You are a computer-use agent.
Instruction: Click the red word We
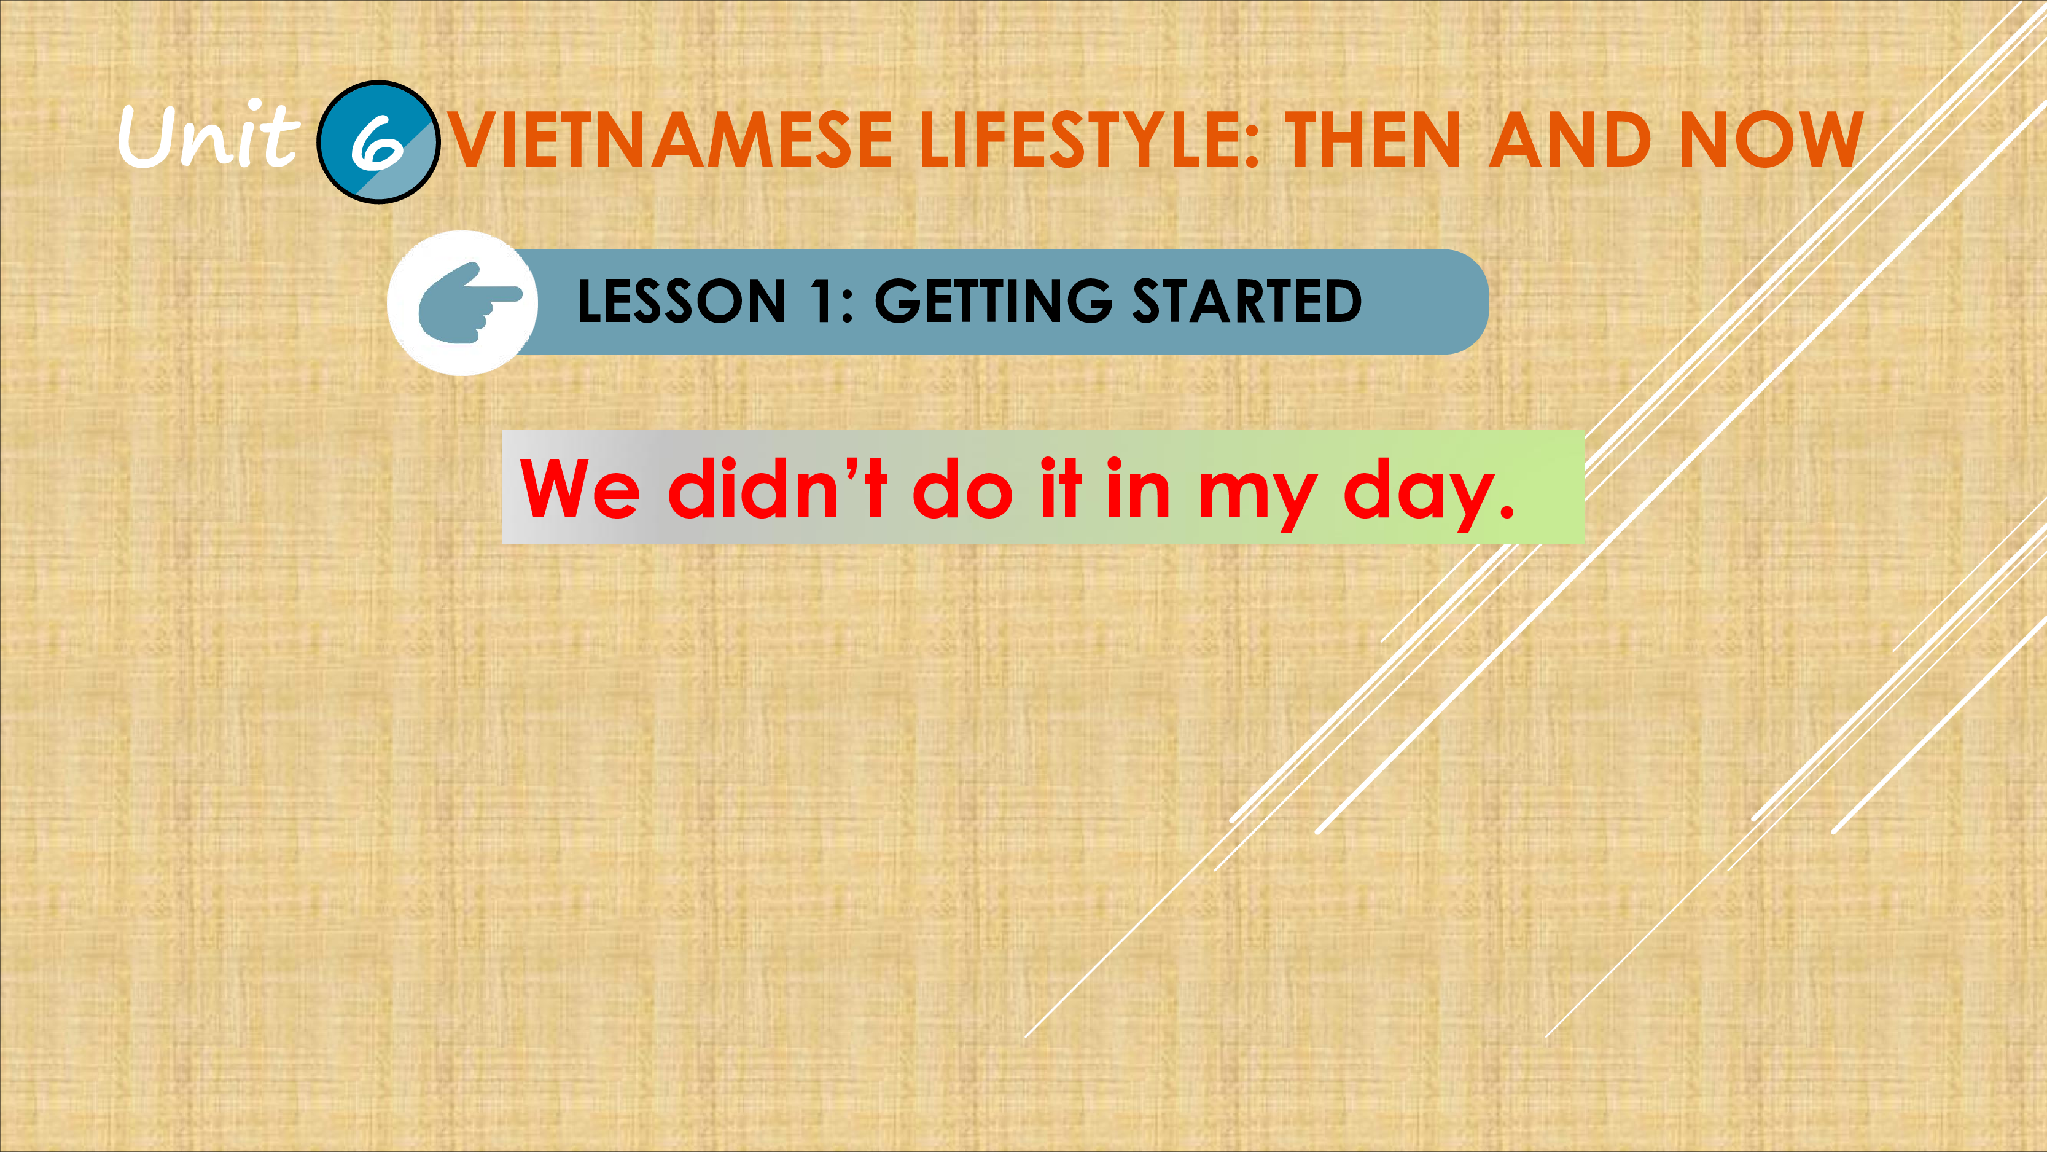[x=579, y=488]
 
